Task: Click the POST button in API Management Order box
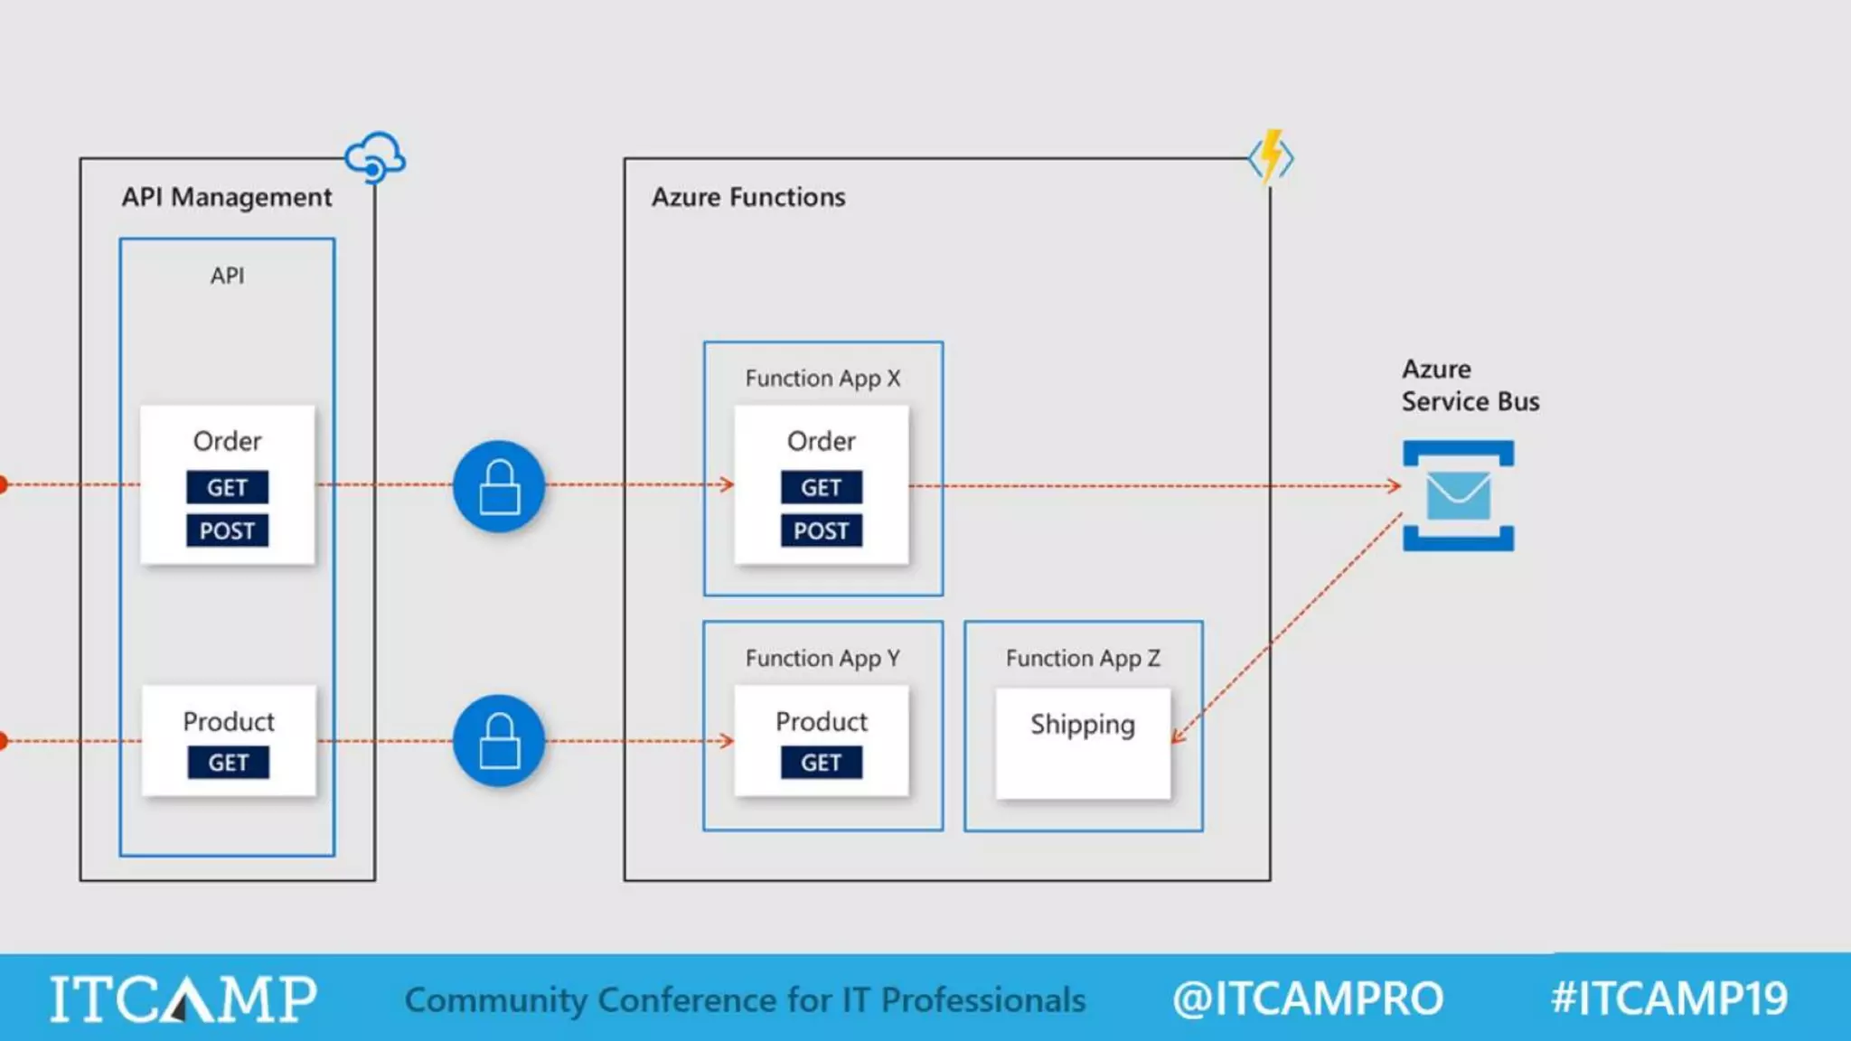(x=227, y=530)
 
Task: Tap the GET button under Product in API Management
(x=228, y=763)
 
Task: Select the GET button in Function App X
(x=821, y=487)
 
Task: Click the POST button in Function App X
(x=821, y=530)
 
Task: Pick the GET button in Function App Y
(x=821, y=763)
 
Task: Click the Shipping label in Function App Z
(x=1082, y=725)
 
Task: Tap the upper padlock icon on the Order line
(x=499, y=486)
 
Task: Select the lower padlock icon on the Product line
(x=499, y=740)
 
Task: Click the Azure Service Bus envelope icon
(x=1458, y=495)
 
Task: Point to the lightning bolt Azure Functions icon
(x=1271, y=157)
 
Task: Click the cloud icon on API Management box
(x=375, y=157)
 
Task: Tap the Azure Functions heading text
(x=748, y=197)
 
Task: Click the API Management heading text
(x=227, y=197)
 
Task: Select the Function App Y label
(x=822, y=658)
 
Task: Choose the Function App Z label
(x=1083, y=658)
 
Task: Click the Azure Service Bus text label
(x=1470, y=385)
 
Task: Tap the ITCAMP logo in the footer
(x=183, y=999)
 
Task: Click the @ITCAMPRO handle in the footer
(x=1307, y=999)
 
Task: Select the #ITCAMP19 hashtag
(x=1668, y=999)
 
